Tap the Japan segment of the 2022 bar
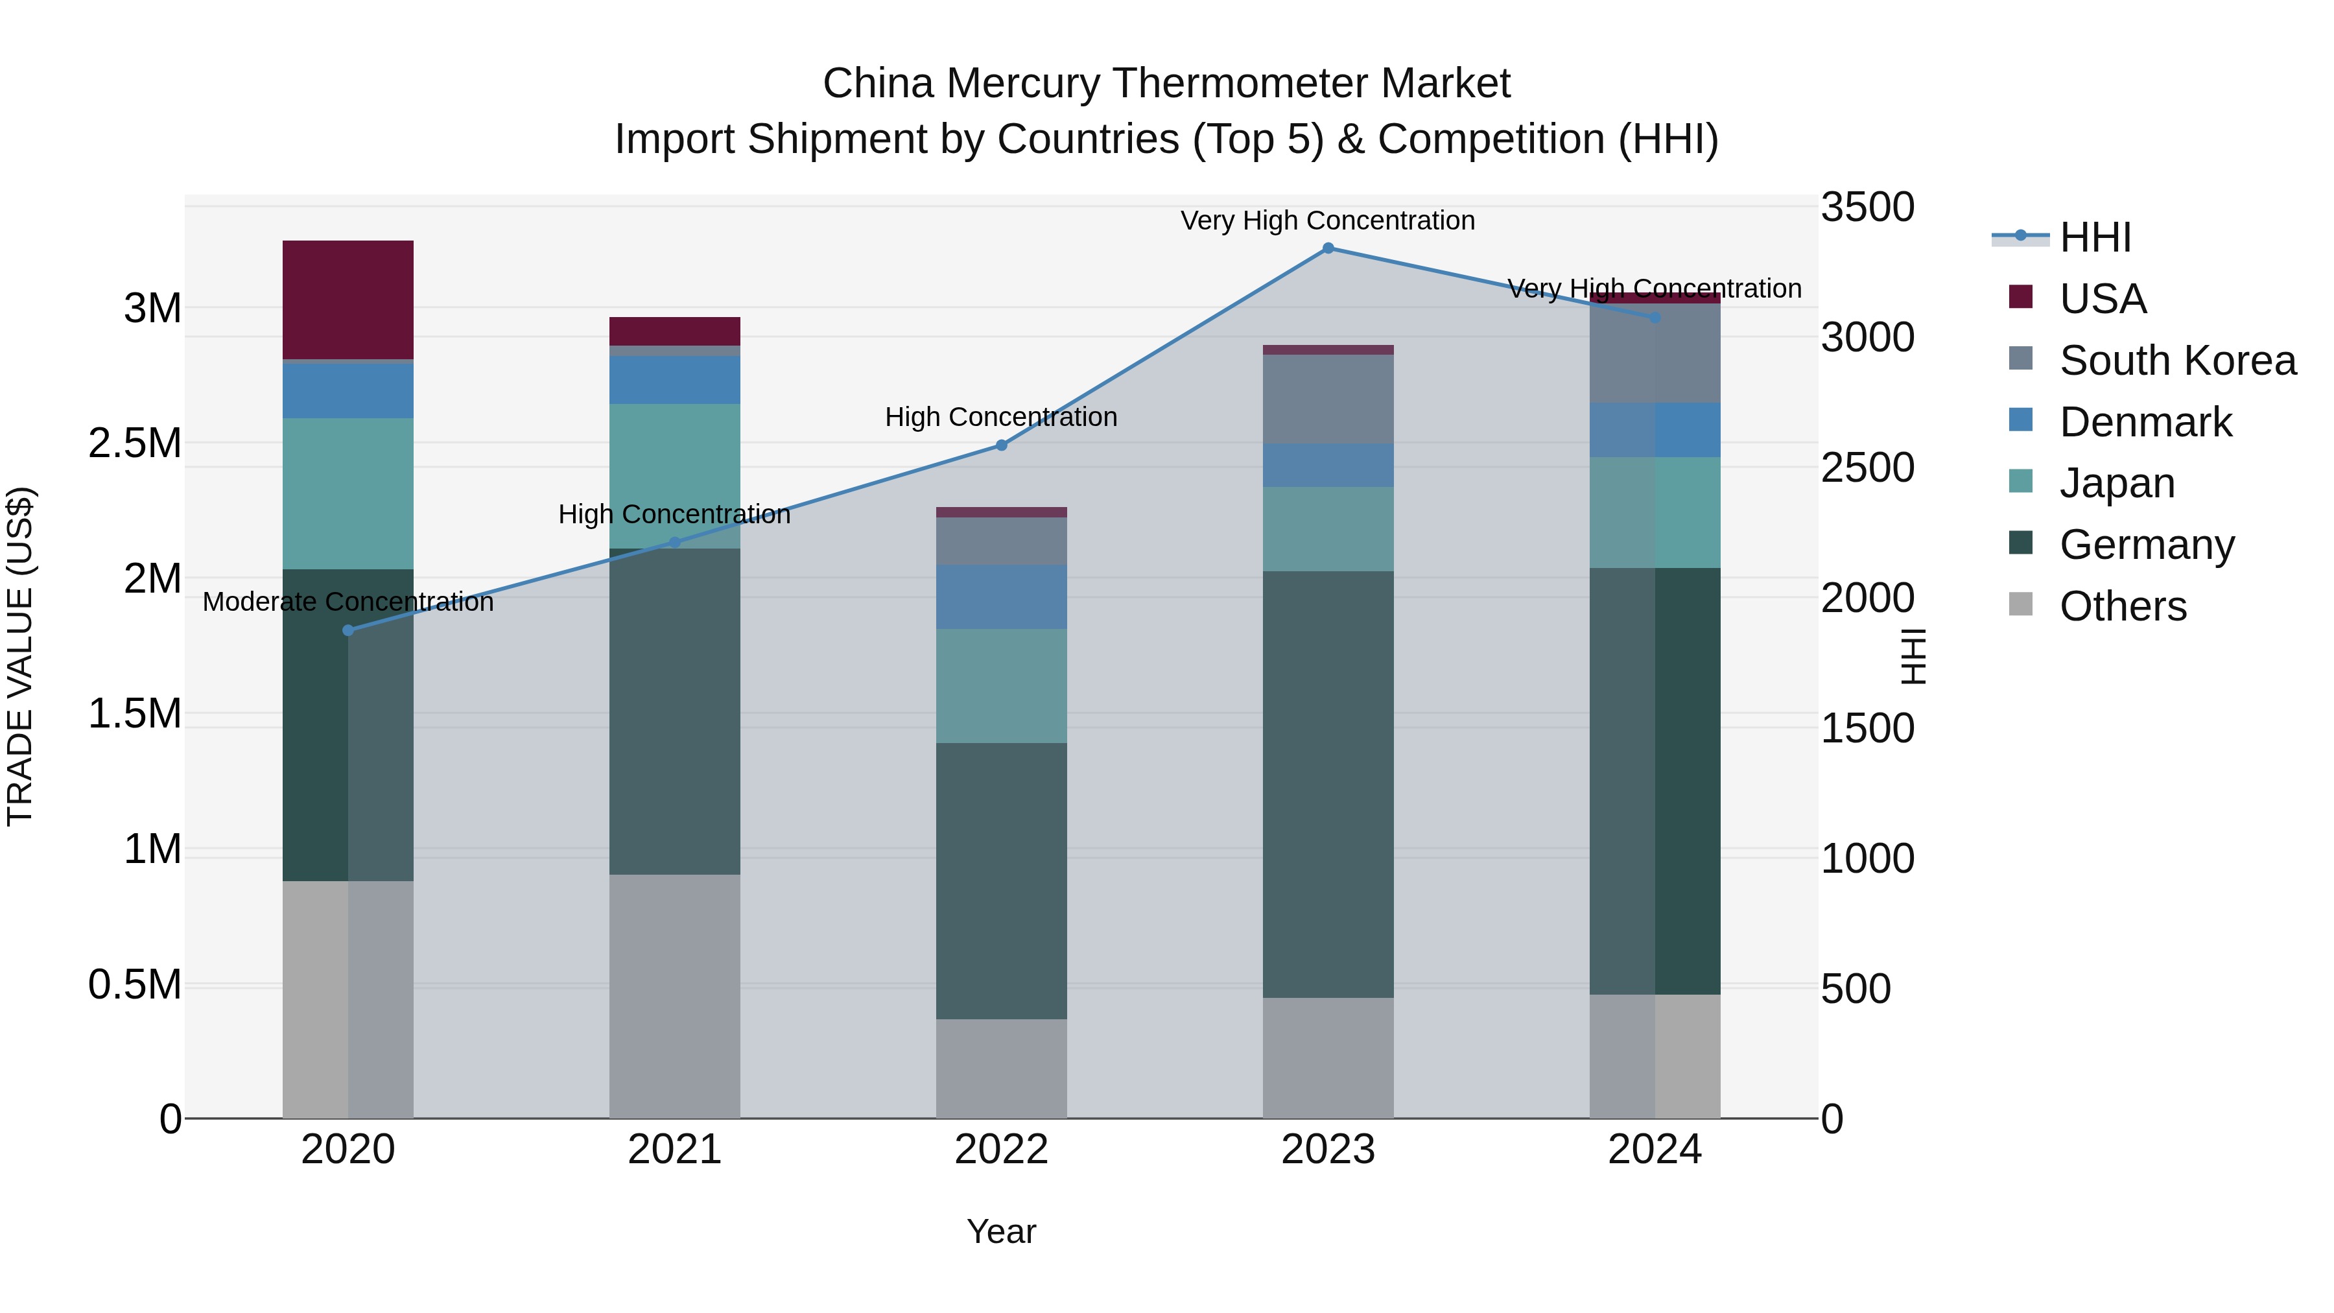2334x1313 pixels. coord(1001,686)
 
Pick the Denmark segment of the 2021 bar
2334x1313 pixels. coord(674,380)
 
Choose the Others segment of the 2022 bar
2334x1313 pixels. coord(1001,1069)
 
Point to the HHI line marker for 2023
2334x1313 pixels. coord(1328,248)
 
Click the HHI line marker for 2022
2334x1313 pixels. coord(1001,445)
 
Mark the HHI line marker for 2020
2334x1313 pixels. coord(348,630)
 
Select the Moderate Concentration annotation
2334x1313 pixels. coord(348,602)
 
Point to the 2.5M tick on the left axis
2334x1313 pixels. coord(135,443)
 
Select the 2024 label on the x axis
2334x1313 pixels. coord(1655,1150)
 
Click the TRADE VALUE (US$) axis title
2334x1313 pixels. coord(20,656)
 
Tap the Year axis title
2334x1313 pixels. coord(1001,1231)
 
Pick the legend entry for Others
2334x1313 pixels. coord(2123,606)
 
